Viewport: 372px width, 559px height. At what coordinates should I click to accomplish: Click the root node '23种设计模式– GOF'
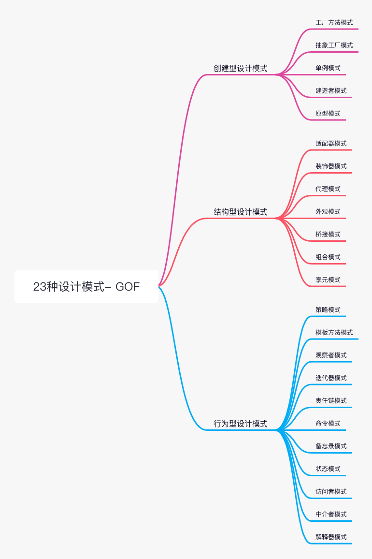(86, 286)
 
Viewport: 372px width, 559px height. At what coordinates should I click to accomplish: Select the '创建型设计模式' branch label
(241, 68)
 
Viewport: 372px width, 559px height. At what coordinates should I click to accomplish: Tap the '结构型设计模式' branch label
(241, 212)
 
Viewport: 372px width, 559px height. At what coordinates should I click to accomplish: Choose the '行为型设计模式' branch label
(241, 424)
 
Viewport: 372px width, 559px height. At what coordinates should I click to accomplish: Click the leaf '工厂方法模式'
(334, 22)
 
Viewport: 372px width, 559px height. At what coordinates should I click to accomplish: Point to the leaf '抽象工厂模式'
(334, 45)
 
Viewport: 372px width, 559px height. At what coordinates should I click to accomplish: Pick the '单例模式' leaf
(328, 68)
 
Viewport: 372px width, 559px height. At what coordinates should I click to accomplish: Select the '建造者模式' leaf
(331, 90)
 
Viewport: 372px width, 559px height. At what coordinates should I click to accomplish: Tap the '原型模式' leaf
(328, 113)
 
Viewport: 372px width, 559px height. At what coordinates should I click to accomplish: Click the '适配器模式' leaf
(331, 143)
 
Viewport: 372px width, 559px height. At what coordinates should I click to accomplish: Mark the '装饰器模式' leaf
(331, 166)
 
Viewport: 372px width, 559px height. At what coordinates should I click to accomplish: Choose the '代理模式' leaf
(328, 189)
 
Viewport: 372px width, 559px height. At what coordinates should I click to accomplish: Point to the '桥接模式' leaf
(328, 234)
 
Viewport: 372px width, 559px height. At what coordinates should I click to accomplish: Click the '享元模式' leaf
(328, 279)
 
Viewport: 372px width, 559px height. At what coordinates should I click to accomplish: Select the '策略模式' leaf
(328, 309)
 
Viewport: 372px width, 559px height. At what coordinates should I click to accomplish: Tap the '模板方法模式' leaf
(334, 332)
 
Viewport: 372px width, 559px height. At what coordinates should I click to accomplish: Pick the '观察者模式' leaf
(331, 355)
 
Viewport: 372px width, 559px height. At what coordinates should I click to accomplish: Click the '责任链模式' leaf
(331, 400)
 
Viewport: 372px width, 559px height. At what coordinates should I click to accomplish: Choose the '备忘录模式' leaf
(331, 446)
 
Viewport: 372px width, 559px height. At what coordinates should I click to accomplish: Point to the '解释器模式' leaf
(331, 537)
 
